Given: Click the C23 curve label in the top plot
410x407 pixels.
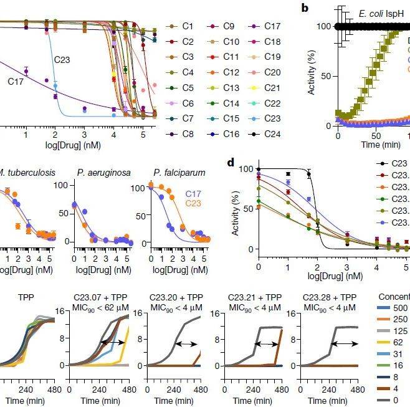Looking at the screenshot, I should click(62, 60).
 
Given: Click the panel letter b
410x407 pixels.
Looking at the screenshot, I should click(305, 8).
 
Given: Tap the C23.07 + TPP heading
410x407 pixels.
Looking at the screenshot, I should click(100, 297).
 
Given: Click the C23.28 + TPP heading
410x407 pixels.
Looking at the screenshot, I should click(329, 297).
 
